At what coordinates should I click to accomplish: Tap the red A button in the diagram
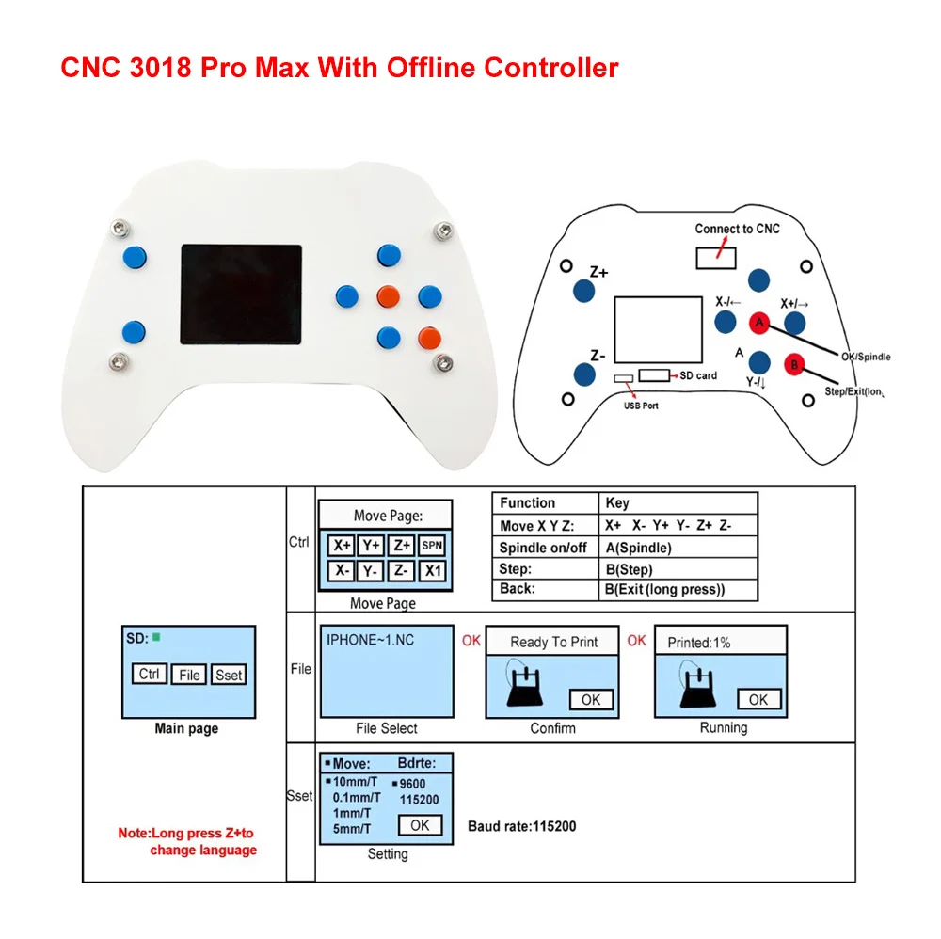tap(758, 323)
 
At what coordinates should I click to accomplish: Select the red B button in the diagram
tap(794, 362)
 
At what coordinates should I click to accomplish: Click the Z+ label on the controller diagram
tap(598, 273)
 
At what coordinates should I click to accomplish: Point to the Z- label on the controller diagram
tap(598, 356)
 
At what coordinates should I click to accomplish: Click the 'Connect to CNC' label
tap(737, 229)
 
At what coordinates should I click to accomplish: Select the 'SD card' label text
tap(697, 375)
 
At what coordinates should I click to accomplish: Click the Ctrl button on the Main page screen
tap(149, 674)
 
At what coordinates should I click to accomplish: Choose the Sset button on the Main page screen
tap(228, 675)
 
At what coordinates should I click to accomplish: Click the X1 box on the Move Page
tap(432, 570)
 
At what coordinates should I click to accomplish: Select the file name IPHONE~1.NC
tap(370, 640)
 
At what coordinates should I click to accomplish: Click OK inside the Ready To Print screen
tap(590, 699)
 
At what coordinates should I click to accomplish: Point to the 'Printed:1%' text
tap(698, 643)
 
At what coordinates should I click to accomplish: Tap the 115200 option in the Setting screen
tap(420, 799)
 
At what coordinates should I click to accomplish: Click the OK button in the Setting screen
tap(420, 825)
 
